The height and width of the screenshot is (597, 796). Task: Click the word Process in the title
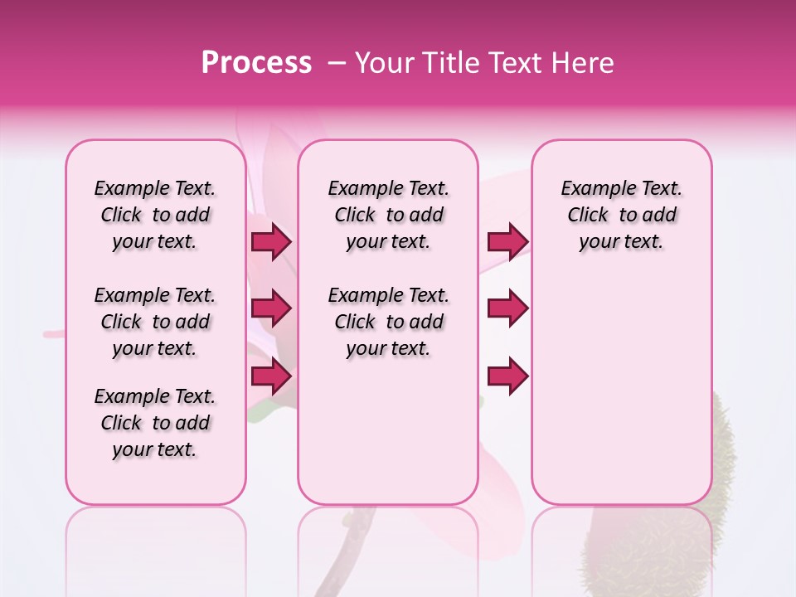click(x=256, y=63)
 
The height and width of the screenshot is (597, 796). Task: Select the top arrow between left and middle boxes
click(x=271, y=242)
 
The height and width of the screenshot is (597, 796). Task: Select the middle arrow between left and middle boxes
click(x=271, y=309)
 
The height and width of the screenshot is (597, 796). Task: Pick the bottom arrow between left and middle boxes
click(x=271, y=376)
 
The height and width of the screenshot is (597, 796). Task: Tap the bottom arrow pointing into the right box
click(x=507, y=376)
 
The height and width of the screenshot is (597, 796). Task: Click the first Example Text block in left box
click(x=155, y=215)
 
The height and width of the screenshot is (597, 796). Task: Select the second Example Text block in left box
click(x=155, y=322)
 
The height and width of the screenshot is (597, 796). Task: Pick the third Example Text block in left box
click(x=155, y=423)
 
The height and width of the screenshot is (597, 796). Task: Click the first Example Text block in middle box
click(x=388, y=215)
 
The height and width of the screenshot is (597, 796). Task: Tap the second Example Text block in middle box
click(x=388, y=322)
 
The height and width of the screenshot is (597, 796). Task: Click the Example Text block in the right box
click(x=621, y=215)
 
